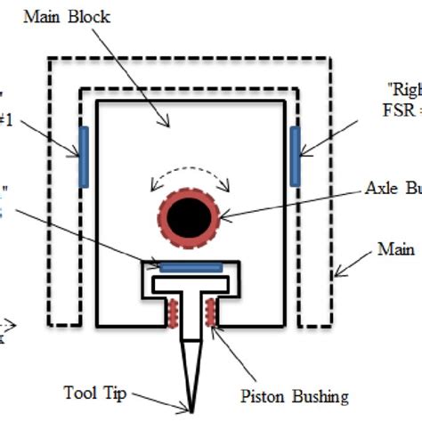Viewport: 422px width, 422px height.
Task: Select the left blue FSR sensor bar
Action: click(84, 156)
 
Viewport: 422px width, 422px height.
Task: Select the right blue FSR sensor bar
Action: click(296, 156)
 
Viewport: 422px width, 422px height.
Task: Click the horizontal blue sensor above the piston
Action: click(191, 265)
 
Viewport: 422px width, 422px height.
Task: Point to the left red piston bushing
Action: click(171, 312)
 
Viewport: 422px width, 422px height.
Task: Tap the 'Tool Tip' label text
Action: click(92, 391)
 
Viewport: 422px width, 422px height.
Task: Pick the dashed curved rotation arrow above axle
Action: click(192, 171)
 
